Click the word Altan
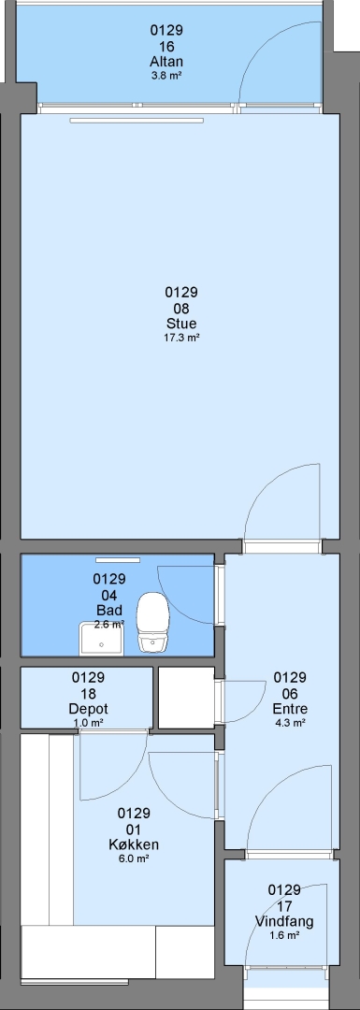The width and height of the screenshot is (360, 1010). (x=166, y=62)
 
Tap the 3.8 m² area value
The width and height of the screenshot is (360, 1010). (x=166, y=74)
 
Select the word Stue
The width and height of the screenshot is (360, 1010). (x=181, y=324)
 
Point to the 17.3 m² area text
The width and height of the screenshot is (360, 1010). (x=181, y=337)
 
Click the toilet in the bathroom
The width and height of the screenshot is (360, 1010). (x=153, y=622)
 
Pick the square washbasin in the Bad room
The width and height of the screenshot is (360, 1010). (x=101, y=638)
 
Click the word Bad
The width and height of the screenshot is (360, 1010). (x=108, y=610)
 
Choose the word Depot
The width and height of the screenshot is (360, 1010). (x=88, y=709)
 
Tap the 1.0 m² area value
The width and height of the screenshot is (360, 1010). (x=88, y=723)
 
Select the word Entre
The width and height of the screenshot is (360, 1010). (x=290, y=709)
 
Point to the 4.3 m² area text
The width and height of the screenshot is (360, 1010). (x=290, y=723)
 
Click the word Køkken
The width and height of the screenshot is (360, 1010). (x=134, y=844)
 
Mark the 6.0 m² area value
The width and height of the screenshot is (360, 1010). (x=134, y=858)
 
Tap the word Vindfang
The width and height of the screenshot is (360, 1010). (x=284, y=921)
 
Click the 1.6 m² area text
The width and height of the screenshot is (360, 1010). (x=284, y=935)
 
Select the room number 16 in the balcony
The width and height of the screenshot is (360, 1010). (x=166, y=47)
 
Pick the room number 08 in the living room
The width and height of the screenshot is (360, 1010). (x=181, y=308)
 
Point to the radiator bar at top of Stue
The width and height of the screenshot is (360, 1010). (x=137, y=120)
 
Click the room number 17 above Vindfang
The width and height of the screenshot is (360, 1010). (x=284, y=905)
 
